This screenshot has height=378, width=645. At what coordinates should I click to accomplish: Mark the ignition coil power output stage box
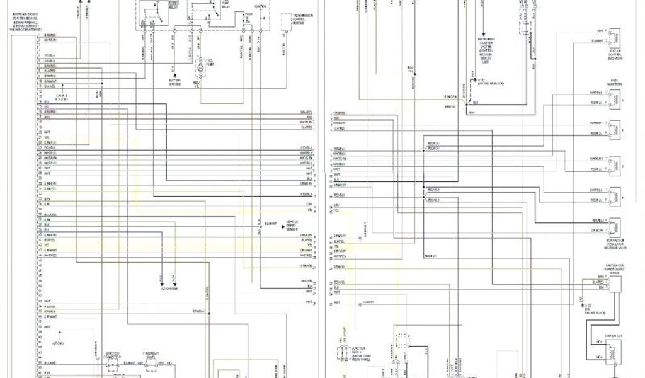tap(614, 283)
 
